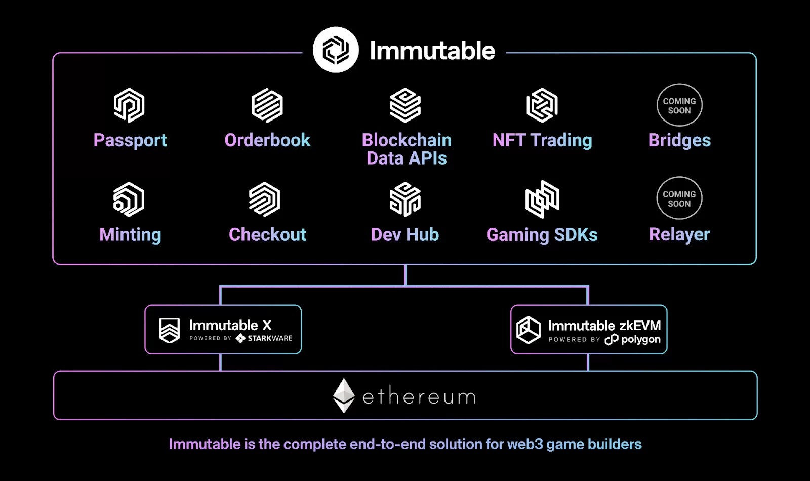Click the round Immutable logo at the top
click(x=336, y=50)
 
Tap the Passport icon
click(x=129, y=105)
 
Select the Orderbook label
click(x=267, y=140)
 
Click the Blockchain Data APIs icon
click(x=405, y=105)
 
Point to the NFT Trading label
click(x=542, y=140)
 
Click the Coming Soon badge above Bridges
click(x=679, y=105)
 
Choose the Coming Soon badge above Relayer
click(x=679, y=198)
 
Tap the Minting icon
click(x=129, y=199)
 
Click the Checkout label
click(x=267, y=235)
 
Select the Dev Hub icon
click(x=405, y=199)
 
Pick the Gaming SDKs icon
click(x=542, y=199)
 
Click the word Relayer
click(x=679, y=235)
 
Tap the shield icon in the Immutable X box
click(x=170, y=331)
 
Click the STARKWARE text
click(x=270, y=338)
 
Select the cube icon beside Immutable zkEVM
click(x=529, y=330)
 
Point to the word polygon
click(x=640, y=339)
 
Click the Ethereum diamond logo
click(x=344, y=395)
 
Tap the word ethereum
click(x=419, y=396)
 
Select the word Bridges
click(x=679, y=140)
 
